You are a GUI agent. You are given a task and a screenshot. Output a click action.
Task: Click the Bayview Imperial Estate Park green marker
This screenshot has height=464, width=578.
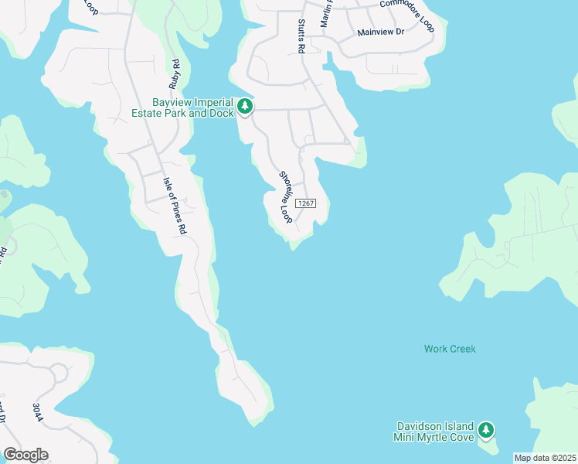(x=245, y=106)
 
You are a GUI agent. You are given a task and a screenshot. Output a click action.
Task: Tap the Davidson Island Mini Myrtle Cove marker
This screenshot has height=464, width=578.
(x=485, y=429)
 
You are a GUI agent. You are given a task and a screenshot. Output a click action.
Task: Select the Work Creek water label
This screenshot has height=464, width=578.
(x=450, y=349)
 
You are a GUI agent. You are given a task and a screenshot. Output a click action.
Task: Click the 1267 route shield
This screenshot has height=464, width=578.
(x=305, y=203)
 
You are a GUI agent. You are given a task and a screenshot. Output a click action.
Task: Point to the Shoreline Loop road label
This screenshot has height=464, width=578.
(x=286, y=198)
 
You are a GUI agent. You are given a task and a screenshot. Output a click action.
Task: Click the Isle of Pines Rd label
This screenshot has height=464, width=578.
(x=175, y=205)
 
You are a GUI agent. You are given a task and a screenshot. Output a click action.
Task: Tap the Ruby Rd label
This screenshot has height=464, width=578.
(x=175, y=73)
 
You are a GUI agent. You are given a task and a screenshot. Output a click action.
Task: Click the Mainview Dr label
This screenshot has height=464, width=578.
(x=381, y=32)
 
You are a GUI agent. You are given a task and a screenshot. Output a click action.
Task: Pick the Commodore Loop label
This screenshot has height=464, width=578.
(x=407, y=14)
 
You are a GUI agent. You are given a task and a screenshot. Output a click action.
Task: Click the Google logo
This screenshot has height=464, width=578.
(x=25, y=454)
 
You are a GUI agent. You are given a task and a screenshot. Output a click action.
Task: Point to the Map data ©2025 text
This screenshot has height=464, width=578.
(x=545, y=458)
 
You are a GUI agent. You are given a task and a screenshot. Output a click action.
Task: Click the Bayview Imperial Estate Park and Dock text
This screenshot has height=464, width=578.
(x=193, y=107)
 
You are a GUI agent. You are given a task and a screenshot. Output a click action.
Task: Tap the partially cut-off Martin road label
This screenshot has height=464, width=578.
(x=325, y=12)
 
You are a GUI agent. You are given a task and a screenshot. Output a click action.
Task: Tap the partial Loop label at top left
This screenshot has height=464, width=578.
(x=91, y=8)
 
